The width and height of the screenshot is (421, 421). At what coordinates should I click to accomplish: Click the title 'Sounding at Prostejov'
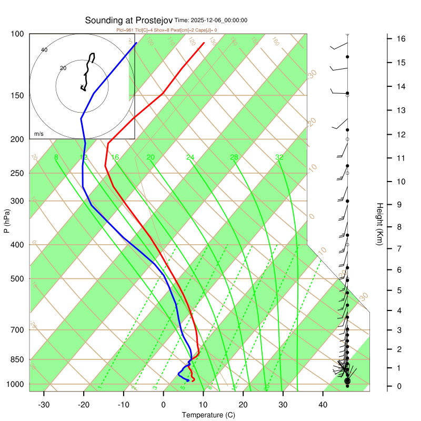coord(128,20)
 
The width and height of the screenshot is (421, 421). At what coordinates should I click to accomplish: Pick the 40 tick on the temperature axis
coord(323,404)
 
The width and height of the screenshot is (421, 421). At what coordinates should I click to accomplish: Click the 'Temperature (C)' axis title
coord(208,415)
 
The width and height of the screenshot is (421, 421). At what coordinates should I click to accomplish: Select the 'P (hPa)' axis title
coord(6,222)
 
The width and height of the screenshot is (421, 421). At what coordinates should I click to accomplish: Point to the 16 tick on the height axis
coord(400,39)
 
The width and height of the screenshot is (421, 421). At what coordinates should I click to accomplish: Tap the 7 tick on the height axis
coord(400,248)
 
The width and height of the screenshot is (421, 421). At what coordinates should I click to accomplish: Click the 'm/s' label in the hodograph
coord(38,134)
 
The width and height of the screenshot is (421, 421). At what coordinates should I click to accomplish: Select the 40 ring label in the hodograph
coord(44,50)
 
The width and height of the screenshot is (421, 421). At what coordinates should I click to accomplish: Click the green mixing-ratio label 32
coord(279,157)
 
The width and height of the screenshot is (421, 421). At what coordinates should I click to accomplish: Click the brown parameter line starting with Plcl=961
coord(166,30)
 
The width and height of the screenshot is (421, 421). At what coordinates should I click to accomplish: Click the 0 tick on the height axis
coord(400,386)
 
